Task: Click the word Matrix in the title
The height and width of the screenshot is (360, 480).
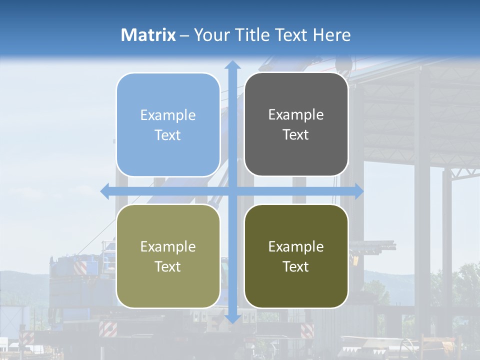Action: (x=148, y=35)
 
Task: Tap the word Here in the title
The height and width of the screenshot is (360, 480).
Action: (x=331, y=35)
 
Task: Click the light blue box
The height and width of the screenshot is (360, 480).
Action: (x=168, y=125)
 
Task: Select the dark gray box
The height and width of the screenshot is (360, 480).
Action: (x=296, y=124)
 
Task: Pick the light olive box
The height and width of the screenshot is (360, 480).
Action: (x=168, y=256)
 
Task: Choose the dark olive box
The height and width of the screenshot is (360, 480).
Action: (x=296, y=256)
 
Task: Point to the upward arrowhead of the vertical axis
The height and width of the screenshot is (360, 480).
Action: (x=232, y=65)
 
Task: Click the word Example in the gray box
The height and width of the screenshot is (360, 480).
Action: (x=296, y=114)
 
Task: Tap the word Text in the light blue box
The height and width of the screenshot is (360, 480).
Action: (x=168, y=135)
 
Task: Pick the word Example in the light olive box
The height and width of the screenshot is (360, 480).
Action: (x=168, y=246)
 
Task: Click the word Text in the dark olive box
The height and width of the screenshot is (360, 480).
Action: (x=296, y=266)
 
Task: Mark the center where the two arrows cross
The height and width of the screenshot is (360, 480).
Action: (x=232, y=191)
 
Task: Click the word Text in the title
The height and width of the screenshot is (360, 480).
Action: (x=290, y=35)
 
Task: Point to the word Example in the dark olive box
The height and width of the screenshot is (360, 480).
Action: (x=296, y=246)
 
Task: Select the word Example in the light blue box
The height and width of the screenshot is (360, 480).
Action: (x=168, y=115)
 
